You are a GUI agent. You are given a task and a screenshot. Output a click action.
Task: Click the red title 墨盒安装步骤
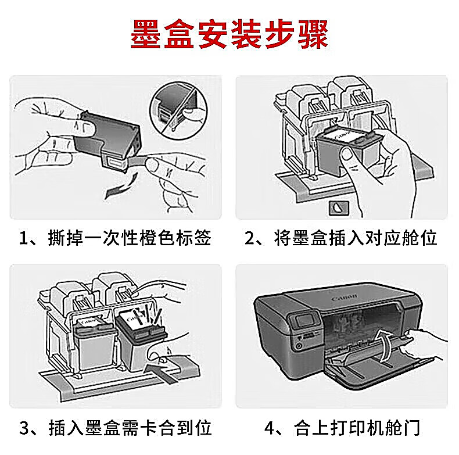229,34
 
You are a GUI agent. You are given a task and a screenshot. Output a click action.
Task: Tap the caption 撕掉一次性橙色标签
130,238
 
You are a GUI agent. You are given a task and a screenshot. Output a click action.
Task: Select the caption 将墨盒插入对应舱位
356,238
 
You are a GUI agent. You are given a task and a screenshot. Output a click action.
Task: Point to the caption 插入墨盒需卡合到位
130,428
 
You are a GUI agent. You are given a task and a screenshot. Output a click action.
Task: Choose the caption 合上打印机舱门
357,428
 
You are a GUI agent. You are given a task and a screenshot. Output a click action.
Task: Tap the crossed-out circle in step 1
179,110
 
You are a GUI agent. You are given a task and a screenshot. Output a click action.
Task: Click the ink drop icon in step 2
339,208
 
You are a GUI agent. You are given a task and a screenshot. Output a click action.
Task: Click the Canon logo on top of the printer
345,298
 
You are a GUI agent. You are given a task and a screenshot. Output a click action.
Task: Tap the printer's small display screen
304,321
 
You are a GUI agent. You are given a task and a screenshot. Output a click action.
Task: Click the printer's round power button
299,346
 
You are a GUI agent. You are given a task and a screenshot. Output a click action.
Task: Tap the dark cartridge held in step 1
107,140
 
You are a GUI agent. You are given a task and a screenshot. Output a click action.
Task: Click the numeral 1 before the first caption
23,238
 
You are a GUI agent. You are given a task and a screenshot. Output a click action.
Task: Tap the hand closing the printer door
426,343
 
